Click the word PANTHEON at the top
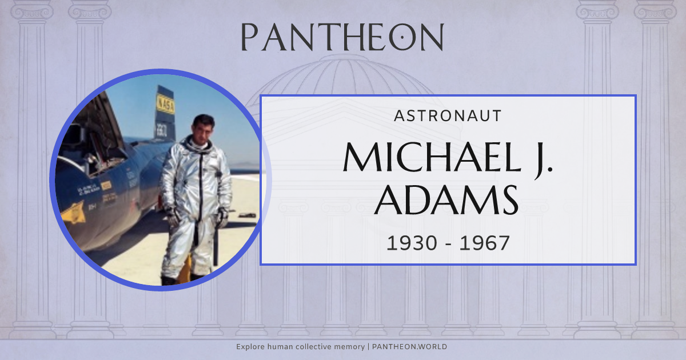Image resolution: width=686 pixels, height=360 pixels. (342, 37)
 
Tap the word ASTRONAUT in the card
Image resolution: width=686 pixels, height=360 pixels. (448, 116)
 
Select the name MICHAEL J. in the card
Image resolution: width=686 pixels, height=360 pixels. (448, 157)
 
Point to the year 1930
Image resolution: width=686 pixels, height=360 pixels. (411, 243)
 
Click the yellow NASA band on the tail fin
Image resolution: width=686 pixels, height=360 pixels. (166, 105)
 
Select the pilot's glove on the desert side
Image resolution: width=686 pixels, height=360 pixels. (222, 216)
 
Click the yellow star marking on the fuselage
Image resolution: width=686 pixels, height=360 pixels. (73, 212)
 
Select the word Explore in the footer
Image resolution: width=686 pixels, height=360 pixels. (250, 347)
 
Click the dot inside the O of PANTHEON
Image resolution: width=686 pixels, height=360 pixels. (402, 37)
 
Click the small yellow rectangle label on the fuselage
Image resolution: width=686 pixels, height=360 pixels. (106, 185)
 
